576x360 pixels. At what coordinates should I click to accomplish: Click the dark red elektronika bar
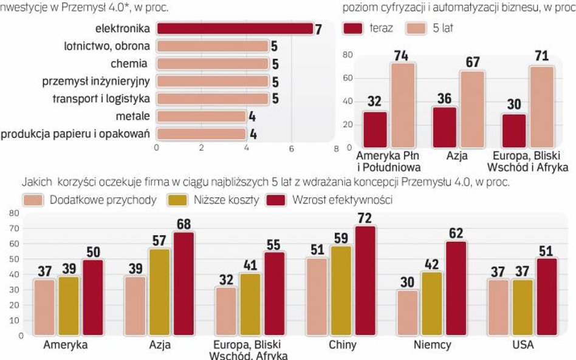click(235, 29)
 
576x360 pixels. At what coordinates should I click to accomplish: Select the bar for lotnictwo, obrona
click(212, 46)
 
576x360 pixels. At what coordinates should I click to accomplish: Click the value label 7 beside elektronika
click(318, 29)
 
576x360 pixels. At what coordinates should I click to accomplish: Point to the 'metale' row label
click(132, 116)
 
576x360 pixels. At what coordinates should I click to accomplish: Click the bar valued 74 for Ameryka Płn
click(403, 105)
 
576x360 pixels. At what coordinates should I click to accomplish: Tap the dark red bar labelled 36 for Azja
click(444, 127)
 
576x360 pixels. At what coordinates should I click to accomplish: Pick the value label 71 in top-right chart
click(541, 56)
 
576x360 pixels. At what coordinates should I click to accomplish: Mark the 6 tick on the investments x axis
click(291, 148)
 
